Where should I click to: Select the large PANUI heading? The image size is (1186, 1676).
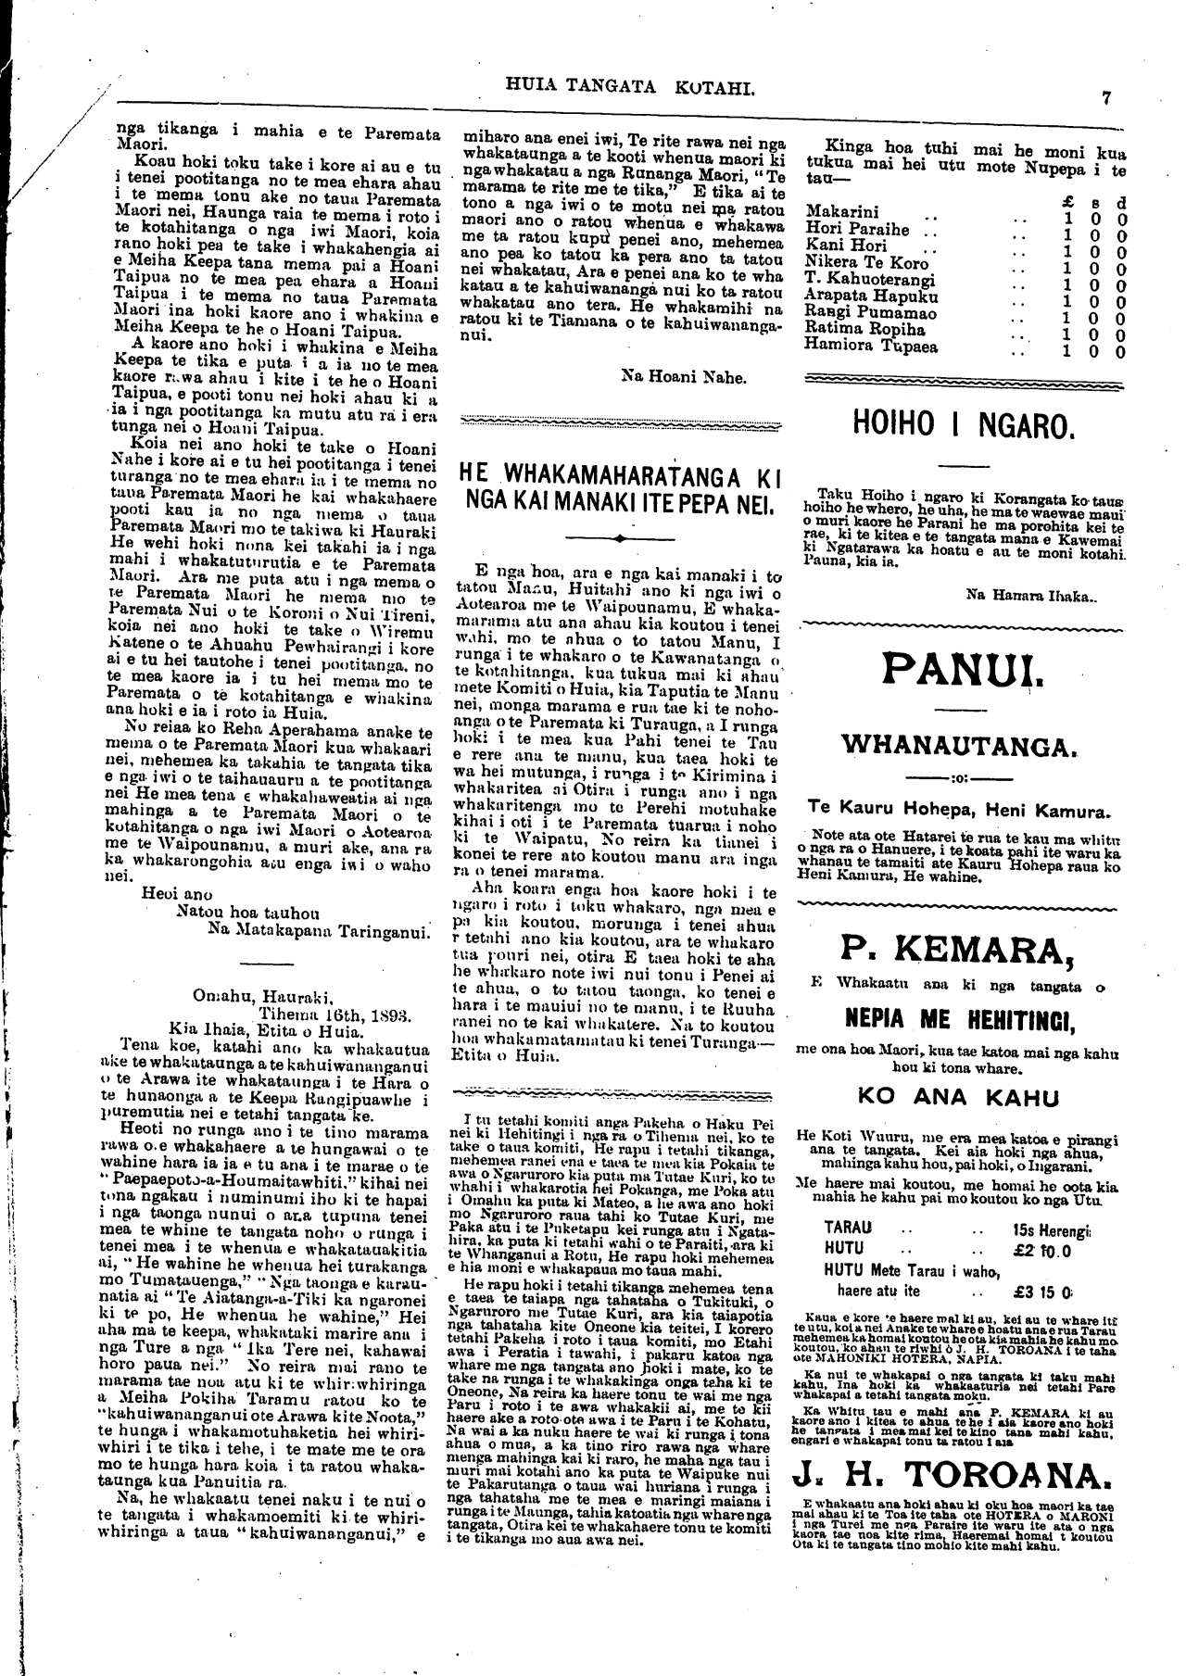coord(964,667)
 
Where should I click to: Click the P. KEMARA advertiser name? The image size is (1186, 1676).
coord(964,948)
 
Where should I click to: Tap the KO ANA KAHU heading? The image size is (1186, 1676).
coord(958,1098)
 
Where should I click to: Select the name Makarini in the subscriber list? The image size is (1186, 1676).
coord(842,212)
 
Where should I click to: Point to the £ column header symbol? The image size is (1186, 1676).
coord(1067,196)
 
